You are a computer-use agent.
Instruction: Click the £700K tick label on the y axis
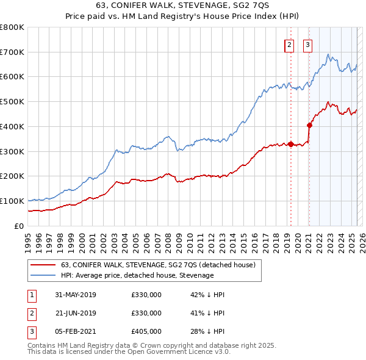12,52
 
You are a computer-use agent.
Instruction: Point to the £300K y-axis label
12,151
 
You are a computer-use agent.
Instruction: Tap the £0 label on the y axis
19,226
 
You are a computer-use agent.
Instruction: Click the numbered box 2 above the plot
289,45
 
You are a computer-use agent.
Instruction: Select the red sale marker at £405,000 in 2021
309,126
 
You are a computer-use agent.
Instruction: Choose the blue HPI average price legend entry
137,275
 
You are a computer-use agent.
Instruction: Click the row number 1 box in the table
31,295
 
